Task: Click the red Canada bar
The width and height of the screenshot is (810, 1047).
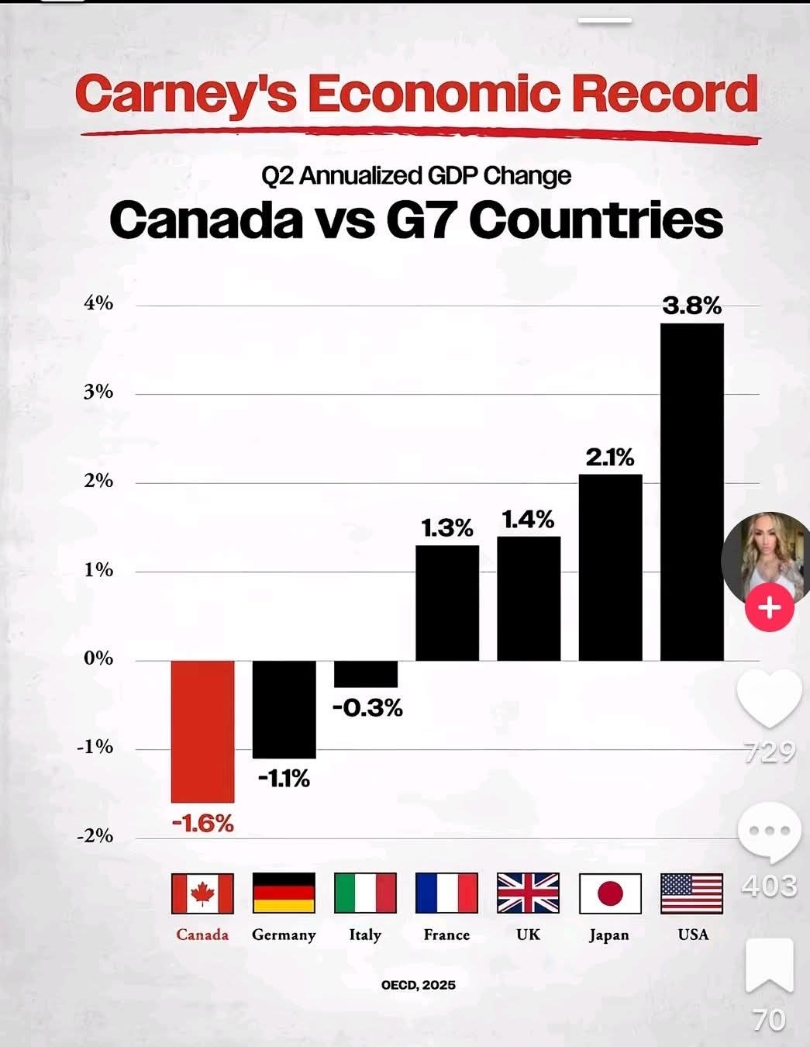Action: (202, 731)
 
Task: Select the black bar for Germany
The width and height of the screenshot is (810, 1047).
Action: (284, 709)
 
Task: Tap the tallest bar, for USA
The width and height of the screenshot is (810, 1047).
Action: (691, 492)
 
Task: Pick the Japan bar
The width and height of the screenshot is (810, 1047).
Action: (610, 567)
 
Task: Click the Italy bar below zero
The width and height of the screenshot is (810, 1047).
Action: (366, 674)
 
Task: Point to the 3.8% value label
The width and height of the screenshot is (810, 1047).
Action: (691, 306)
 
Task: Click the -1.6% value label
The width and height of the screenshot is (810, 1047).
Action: (202, 823)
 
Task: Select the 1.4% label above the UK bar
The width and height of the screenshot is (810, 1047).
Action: (529, 519)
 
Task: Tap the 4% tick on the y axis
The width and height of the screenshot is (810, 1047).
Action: (98, 303)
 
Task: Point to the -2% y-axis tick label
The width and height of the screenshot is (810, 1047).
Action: (95, 836)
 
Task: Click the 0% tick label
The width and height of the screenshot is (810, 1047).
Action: (98, 658)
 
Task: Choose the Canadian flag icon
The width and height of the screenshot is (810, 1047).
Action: (202, 893)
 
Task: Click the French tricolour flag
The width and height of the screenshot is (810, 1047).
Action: (446, 893)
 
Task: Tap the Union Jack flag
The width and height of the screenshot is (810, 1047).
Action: (528, 893)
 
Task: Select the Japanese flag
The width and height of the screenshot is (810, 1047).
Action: (610, 893)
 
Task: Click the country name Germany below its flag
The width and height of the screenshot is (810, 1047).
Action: (284, 935)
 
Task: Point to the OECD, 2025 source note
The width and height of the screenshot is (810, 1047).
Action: (419, 985)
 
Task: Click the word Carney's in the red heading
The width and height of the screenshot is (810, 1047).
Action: (186, 95)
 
